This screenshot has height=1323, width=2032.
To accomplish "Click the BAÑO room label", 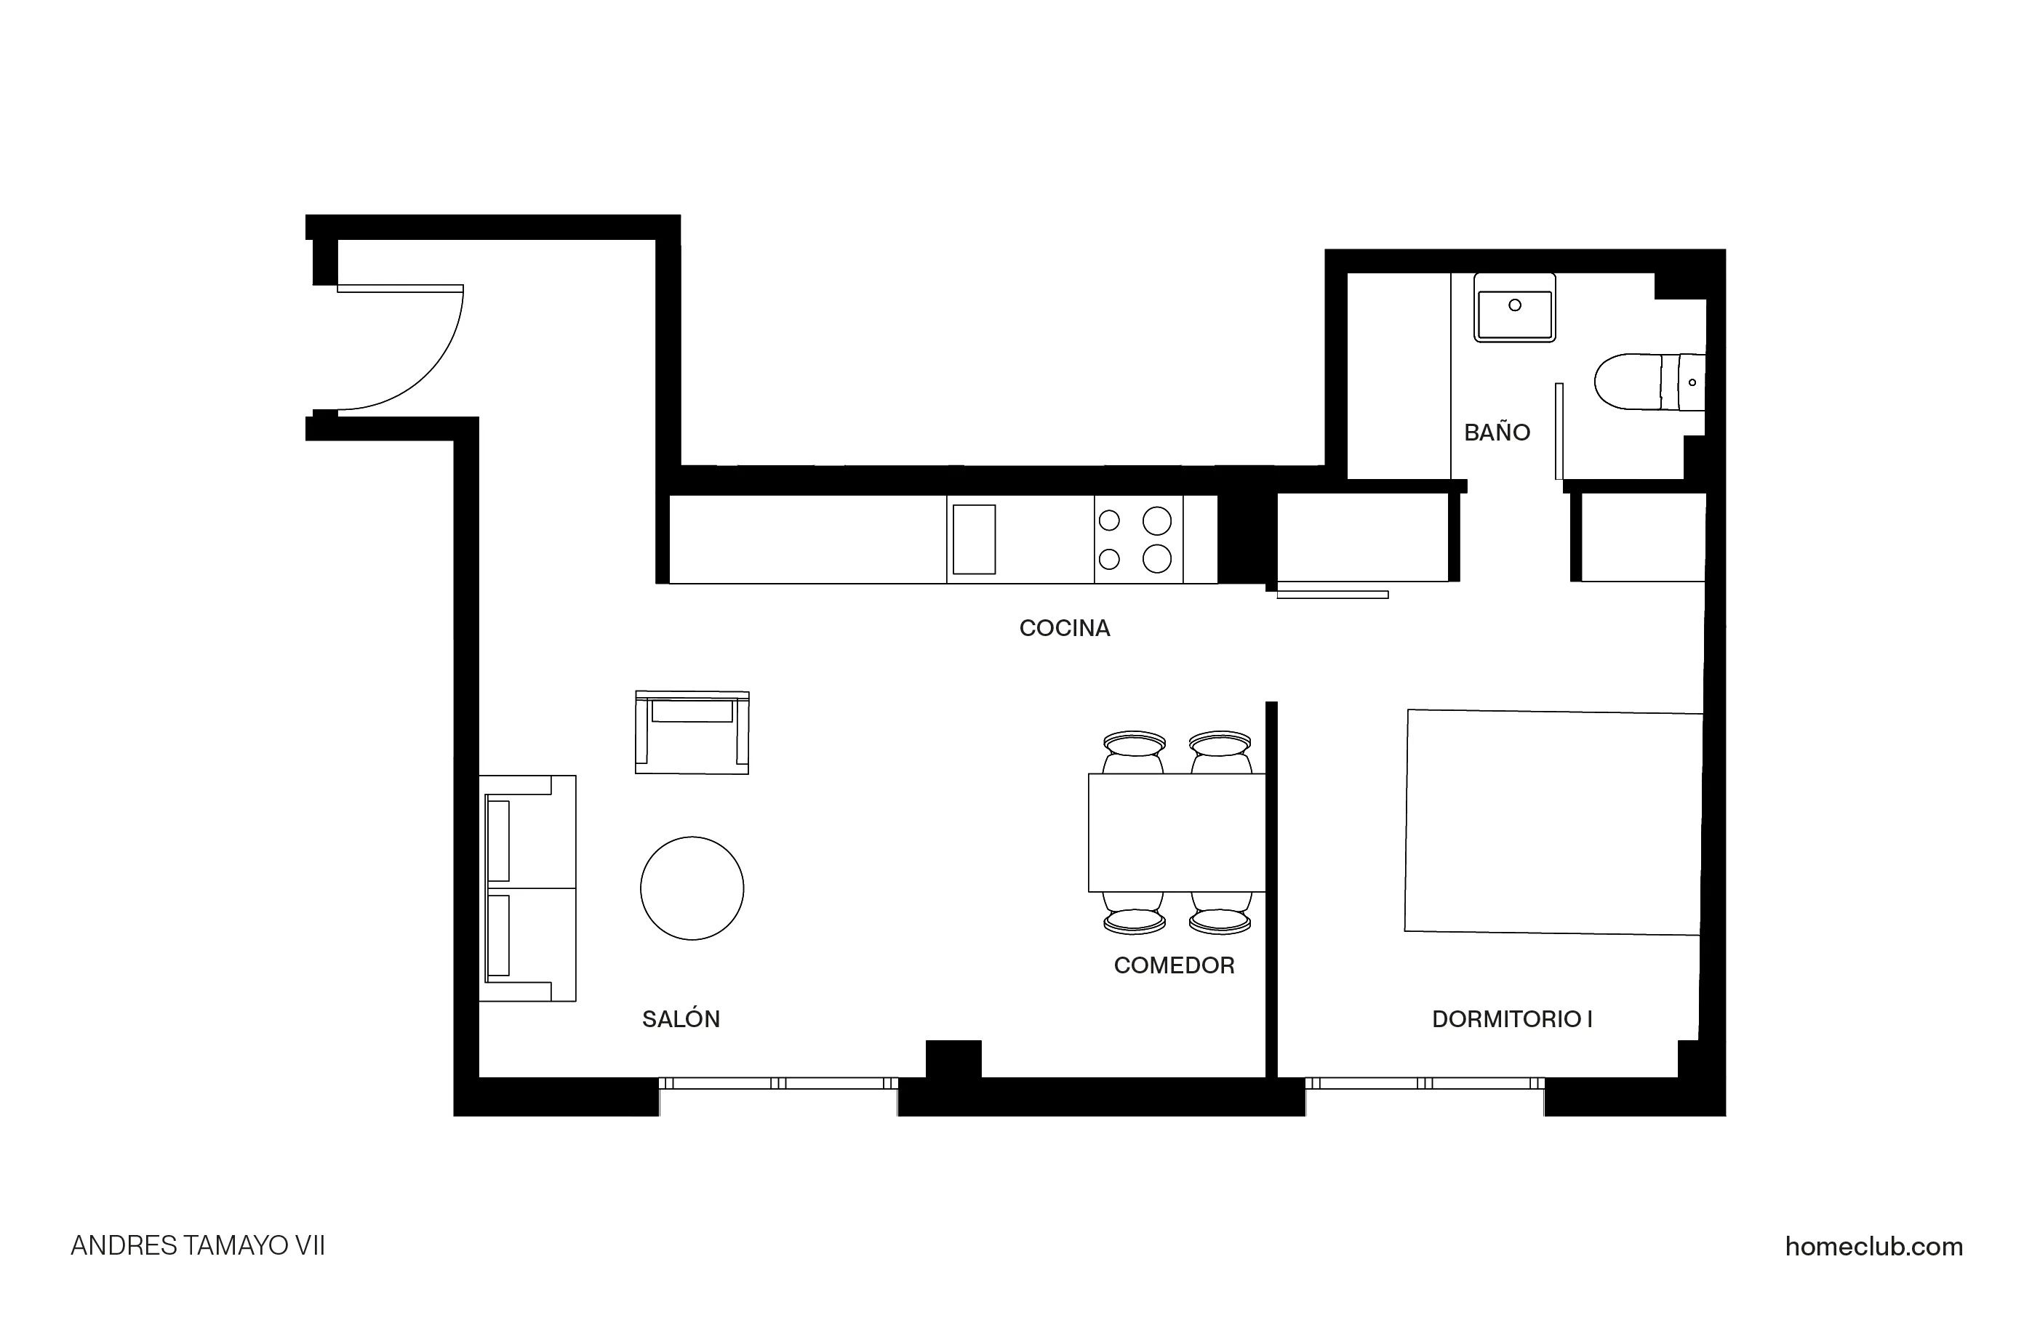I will click(x=1497, y=433).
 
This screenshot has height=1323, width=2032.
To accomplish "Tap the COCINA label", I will click(x=1064, y=628).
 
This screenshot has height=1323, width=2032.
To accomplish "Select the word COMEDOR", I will click(x=1174, y=965).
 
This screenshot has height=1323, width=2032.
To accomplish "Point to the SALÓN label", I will click(x=681, y=1019).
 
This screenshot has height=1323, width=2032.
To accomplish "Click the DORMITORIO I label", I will click(x=1511, y=1019).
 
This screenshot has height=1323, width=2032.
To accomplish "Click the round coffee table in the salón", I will click(x=692, y=888).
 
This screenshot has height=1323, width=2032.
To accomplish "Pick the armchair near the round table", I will click(x=692, y=732).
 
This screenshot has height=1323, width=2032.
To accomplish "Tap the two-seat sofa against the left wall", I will click(x=527, y=888).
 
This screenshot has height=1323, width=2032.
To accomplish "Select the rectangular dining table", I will click(x=1176, y=832).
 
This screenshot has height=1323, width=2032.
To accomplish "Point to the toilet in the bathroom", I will click(x=1648, y=382).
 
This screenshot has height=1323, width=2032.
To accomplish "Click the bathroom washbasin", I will click(x=1513, y=308).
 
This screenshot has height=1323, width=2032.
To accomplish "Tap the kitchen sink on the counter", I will click(x=973, y=539).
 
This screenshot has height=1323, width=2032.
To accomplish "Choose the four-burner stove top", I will click(x=1138, y=539).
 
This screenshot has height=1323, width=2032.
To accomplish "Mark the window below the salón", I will click(x=777, y=1083).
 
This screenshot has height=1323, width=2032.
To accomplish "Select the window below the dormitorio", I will click(x=1424, y=1083).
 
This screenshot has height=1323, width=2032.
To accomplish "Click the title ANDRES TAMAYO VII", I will click(x=197, y=1246).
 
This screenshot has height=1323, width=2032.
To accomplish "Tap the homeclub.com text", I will click(x=1873, y=1247).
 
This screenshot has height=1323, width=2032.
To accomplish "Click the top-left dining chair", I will click(x=1134, y=751).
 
